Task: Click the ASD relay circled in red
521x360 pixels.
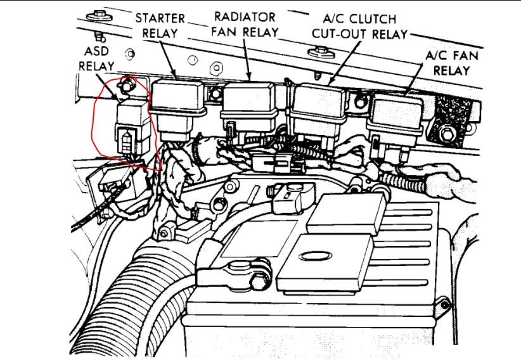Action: click(130, 123)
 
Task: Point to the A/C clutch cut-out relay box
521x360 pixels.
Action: click(323, 108)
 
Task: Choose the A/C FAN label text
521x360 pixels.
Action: click(451, 56)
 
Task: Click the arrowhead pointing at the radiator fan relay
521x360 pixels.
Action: click(249, 79)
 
